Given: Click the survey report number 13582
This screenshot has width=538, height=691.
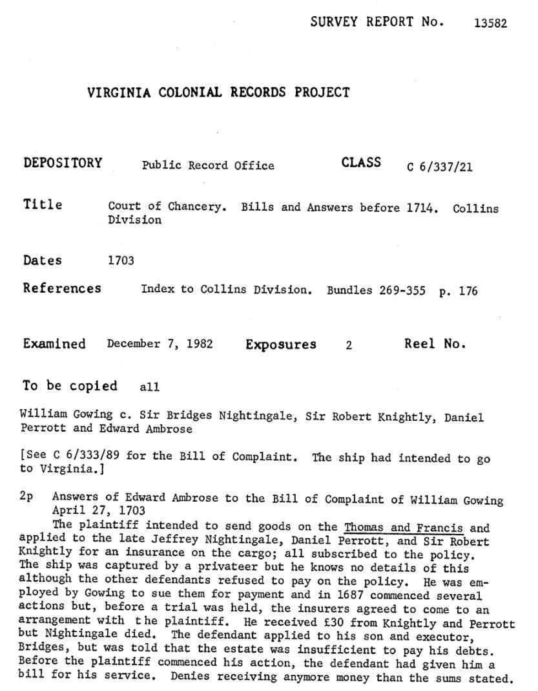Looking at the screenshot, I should point(490,23).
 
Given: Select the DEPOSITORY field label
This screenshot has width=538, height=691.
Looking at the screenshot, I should point(63,163).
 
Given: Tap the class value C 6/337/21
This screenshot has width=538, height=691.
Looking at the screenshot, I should point(439,167).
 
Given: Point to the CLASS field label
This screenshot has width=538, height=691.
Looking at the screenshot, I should point(361,162).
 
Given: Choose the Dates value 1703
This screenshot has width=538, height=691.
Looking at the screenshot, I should point(121,261).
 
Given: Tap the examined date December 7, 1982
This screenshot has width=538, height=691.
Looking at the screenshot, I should point(160,345).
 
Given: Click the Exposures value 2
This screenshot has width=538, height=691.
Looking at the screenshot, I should point(349,345).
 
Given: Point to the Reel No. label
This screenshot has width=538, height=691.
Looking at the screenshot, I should point(435,344).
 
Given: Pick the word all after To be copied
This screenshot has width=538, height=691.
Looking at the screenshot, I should point(149,388).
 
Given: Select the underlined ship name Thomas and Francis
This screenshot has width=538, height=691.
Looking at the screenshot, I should point(404,527).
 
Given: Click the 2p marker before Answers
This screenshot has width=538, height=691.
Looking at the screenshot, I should point(26,498).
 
